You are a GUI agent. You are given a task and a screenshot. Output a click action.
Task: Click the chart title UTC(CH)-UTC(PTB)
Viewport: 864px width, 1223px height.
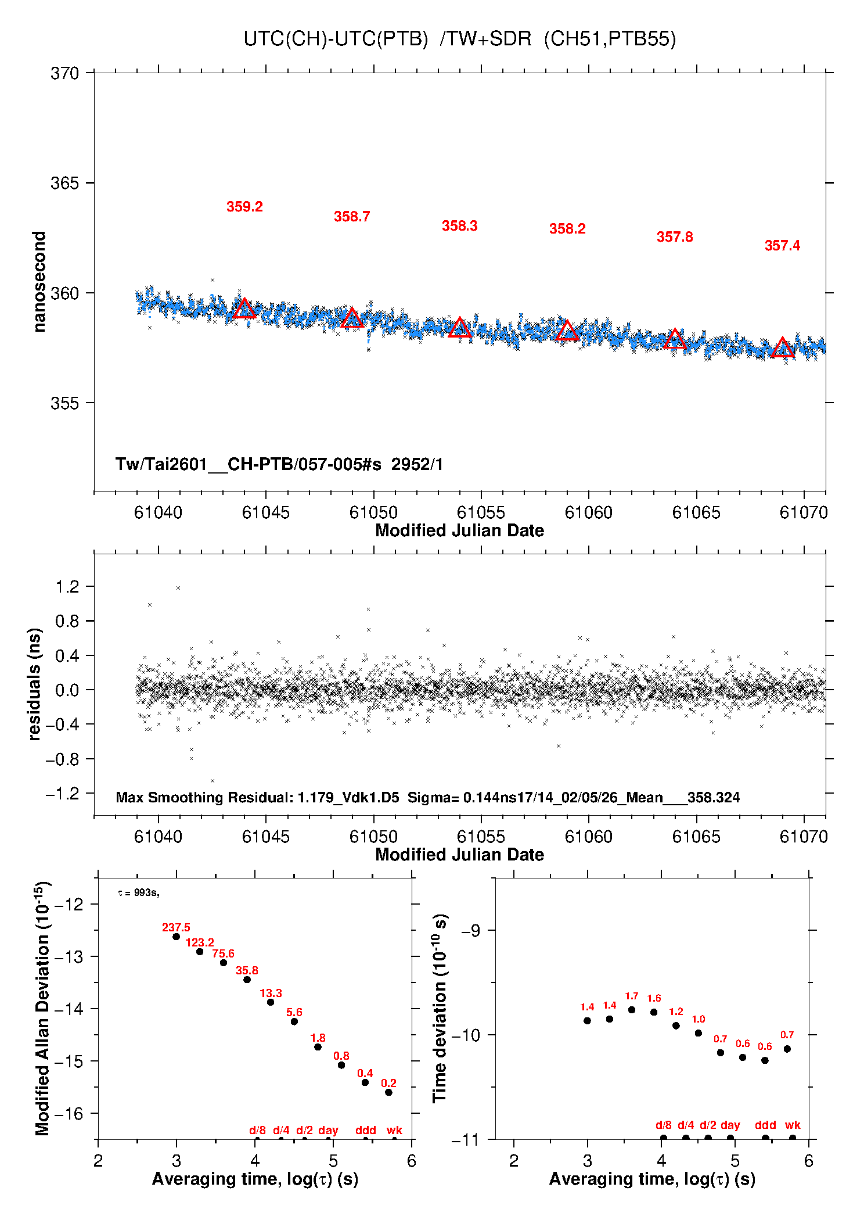336,39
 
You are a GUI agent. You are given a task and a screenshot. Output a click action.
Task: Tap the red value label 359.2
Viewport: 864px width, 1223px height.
244,207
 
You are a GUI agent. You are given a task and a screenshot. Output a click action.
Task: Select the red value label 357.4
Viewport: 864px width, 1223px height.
782,246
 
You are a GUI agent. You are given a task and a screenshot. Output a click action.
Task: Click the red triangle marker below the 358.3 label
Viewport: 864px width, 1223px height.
460,328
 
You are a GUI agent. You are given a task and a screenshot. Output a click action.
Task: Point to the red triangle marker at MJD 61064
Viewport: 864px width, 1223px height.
675,339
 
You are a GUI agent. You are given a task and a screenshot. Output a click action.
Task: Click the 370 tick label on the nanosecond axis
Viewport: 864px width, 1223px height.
65,73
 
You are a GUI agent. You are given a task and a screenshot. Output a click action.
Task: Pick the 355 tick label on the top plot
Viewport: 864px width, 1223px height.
65,403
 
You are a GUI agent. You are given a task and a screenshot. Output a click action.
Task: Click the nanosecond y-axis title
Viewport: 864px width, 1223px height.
39,282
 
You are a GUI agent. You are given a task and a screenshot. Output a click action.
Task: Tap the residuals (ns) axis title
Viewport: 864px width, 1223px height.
35,684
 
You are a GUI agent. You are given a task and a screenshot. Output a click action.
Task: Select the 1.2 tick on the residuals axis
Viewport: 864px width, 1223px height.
67,587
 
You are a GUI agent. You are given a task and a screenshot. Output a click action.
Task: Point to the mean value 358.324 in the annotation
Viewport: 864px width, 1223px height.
714,798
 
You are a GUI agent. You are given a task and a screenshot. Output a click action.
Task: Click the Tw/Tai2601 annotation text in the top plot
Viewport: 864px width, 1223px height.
279,464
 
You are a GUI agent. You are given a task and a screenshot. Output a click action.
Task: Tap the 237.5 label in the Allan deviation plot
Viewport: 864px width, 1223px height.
176,928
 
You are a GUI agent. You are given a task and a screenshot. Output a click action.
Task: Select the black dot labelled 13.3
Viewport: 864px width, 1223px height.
271,1002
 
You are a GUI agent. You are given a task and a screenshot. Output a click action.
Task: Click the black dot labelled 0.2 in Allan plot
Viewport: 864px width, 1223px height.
388,1092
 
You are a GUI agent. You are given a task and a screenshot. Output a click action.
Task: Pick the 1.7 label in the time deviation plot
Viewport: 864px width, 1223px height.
632,996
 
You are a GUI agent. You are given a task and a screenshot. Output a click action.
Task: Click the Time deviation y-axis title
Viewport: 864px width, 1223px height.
440,1008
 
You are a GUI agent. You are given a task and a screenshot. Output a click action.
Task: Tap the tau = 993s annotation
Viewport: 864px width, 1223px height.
138,892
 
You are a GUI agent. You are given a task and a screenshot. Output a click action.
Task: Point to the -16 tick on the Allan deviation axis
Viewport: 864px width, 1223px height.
69,1114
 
